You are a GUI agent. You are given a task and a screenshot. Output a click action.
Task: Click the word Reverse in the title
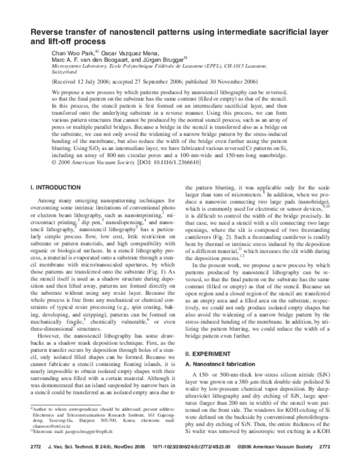point(50,32)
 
